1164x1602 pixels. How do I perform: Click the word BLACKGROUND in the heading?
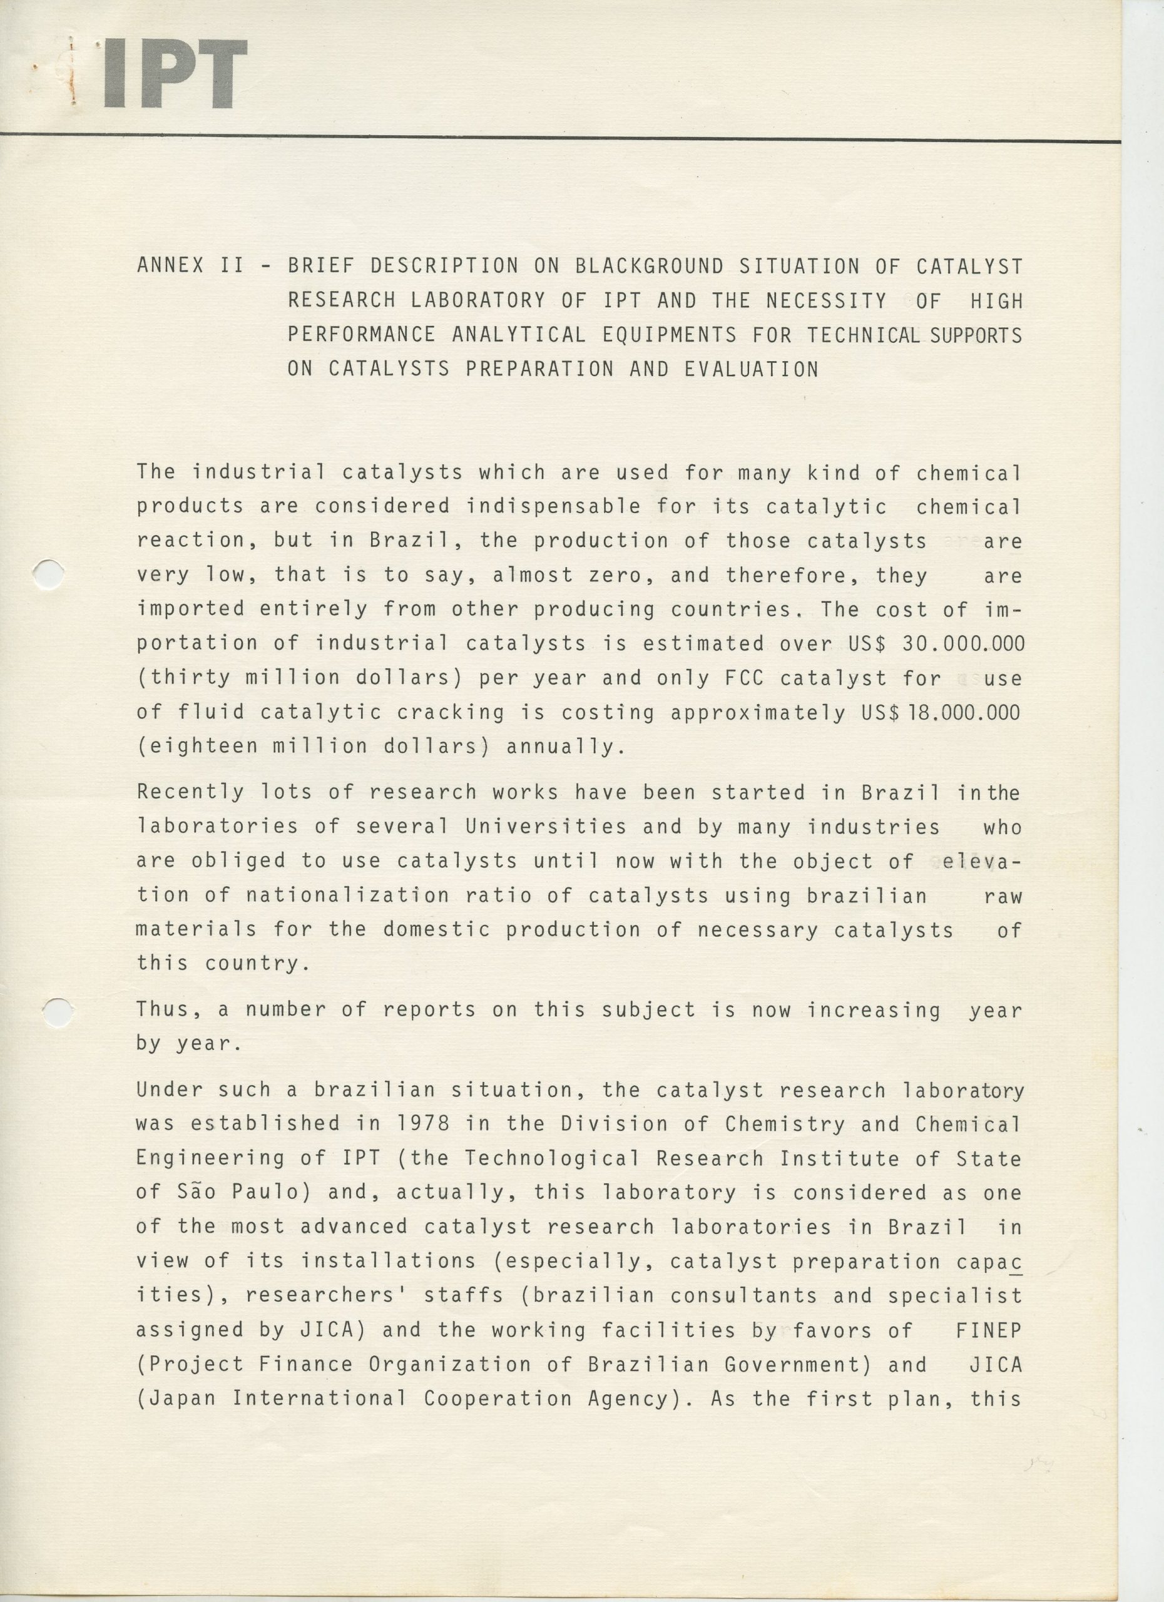click(x=649, y=267)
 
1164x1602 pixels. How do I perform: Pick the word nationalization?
click(x=347, y=895)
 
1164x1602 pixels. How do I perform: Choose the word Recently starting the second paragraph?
click(x=190, y=792)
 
